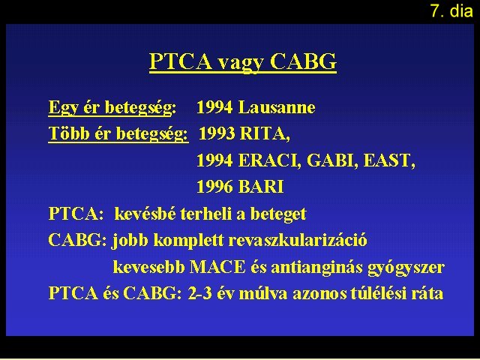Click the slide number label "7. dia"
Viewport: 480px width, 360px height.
451,10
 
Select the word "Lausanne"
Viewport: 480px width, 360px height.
277,107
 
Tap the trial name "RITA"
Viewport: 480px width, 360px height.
265,133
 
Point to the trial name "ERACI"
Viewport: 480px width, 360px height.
269,160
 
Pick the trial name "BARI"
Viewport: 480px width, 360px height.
261,187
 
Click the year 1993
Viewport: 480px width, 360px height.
217,133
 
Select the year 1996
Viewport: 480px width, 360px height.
214,187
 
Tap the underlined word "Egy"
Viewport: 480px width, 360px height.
63,108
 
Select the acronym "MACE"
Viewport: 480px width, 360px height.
217,267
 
